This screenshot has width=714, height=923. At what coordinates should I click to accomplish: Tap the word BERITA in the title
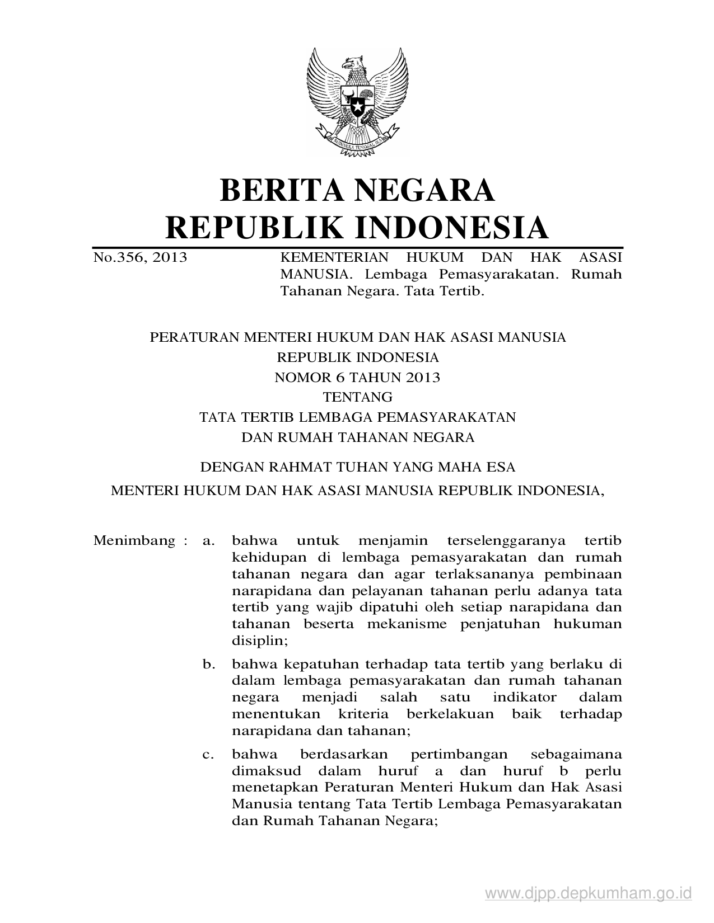pyautogui.click(x=282, y=190)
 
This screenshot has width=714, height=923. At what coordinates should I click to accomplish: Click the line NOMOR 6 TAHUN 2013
pyautogui.click(x=357, y=378)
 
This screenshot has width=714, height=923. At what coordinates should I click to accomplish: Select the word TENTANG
pyautogui.click(x=357, y=397)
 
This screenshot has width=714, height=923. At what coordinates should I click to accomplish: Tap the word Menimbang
pyautogui.click(x=134, y=541)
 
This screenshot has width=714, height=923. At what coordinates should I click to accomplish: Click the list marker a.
pyautogui.click(x=208, y=541)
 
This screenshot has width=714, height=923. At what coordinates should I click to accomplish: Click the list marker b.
pyautogui.click(x=208, y=665)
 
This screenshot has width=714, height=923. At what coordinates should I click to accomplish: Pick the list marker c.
pyautogui.click(x=208, y=755)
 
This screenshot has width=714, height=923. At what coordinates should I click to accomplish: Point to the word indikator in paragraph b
pyautogui.click(x=525, y=698)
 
